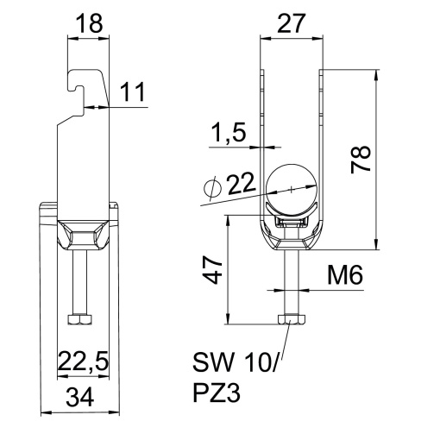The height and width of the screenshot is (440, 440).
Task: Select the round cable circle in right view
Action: pos(292,188)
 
